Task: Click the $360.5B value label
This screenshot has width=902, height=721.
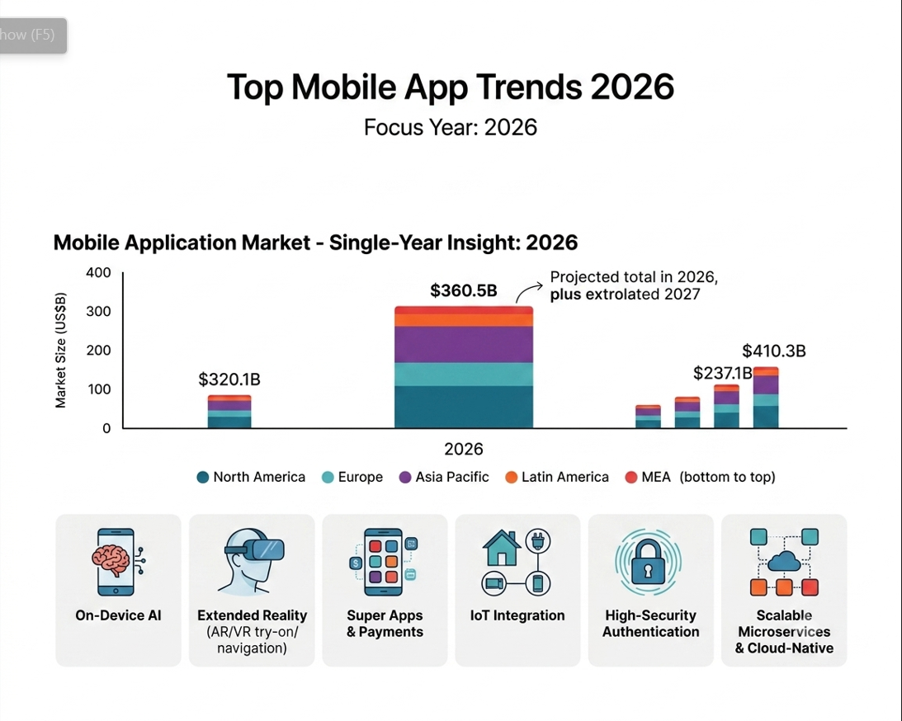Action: click(x=463, y=290)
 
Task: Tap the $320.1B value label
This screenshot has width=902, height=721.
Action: click(x=229, y=379)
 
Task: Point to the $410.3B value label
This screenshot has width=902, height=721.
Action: click(x=774, y=351)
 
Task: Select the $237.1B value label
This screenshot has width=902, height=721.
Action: click(x=723, y=373)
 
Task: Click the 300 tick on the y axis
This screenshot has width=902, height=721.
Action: click(x=98, y=311)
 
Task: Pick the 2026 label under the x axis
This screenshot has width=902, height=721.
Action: click(x=464, y=449)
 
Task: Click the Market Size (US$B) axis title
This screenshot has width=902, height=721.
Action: click(x=60, y=350)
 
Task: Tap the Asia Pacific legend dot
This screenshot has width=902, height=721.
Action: click(x=405, y=477)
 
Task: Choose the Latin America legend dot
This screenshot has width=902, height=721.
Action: click(x=511, y=477)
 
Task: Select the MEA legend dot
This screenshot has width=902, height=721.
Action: click(x=631, y=477)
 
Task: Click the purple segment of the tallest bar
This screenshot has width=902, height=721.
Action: click(x=464, y=344)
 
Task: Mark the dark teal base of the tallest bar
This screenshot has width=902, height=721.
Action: click(x=464, y=407)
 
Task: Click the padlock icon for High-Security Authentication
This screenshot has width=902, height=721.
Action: click(x=648, y=562)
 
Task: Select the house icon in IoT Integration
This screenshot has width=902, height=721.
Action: click(x=502, y=548)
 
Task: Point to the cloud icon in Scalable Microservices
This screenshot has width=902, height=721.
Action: click(x=784, y=561)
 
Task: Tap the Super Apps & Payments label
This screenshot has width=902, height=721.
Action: click(x=385, y=624)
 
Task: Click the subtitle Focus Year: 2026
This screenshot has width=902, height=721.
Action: click(x=451, y=127)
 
